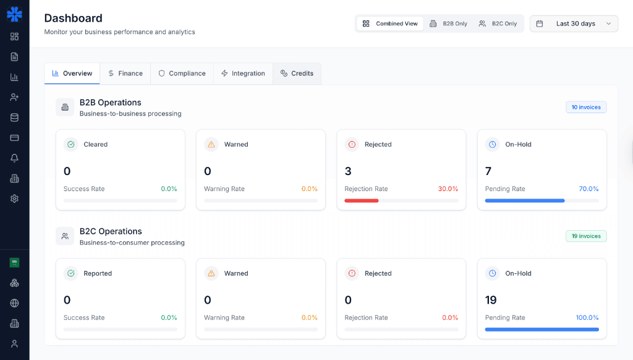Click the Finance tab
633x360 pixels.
125,73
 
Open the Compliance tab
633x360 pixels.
182,73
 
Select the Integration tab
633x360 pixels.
243,73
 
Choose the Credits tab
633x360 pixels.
297,73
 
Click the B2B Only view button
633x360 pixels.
449,24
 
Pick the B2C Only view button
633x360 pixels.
498,24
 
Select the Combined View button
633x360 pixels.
390,24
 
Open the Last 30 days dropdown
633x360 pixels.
574,24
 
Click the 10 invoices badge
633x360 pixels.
586,107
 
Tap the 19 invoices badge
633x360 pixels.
586,236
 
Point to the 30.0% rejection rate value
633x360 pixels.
448,189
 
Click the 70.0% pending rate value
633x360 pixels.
588,189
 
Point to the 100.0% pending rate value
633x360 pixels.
587,317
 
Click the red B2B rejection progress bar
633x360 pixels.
362,200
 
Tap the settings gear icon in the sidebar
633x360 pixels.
14,199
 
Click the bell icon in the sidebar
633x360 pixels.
14,158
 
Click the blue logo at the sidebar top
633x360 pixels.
14,14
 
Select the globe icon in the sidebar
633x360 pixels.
14,303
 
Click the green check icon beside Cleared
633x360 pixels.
71,144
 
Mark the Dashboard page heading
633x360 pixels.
74,18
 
